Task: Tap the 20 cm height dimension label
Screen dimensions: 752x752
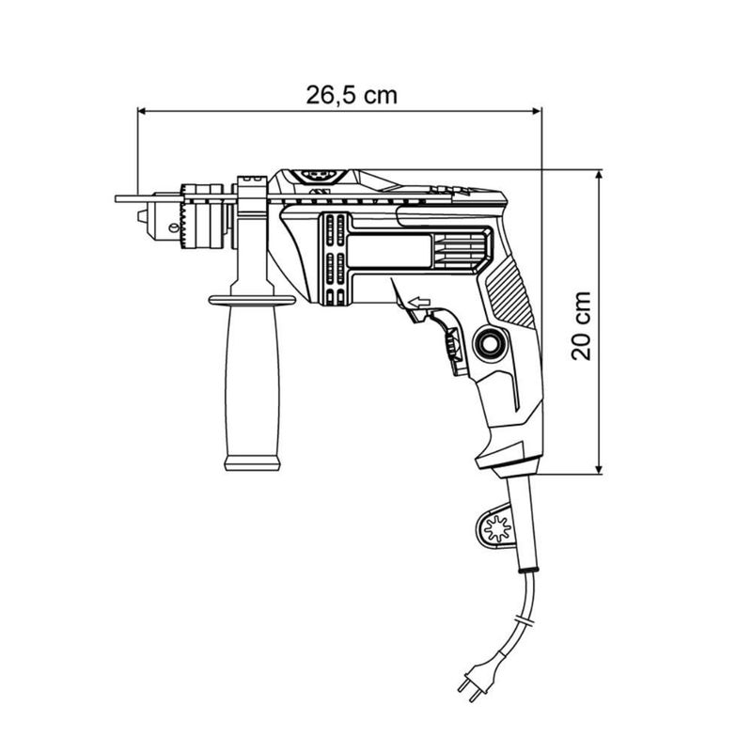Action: click(x=583, y=323)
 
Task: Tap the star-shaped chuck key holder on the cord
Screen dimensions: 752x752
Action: click(x=496, y=528)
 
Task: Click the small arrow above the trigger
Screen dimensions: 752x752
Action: click(x=416, y=302)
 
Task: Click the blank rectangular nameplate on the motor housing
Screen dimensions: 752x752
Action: click(x=389, y=251)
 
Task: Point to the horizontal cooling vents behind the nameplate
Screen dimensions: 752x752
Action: click(x=460, y=251)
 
